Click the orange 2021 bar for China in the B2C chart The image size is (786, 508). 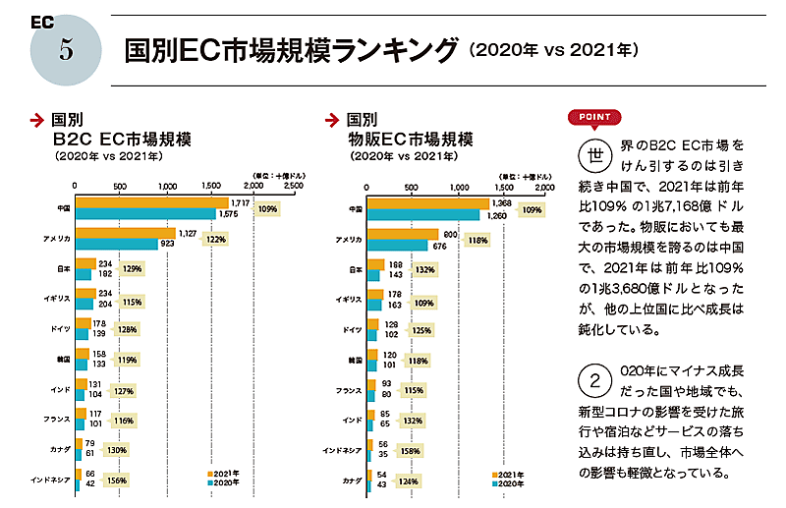pyautogui.click(x=151, y=202)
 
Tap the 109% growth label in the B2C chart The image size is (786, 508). pyautogui.click(x=267, y=209)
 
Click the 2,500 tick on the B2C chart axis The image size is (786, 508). pyautogui.click(x=293, y=185)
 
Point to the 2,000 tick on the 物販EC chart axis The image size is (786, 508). pyautogui.click(x=543, y=185)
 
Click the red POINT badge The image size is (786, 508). pyautogui.click(x=595, y=117)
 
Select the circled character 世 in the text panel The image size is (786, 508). pyautogui.click(x=594, y=156)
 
